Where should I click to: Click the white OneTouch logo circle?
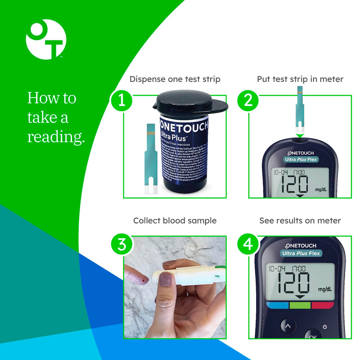[x=46, y=40]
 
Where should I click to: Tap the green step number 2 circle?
[x=247, y=100]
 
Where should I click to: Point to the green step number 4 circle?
[x=247, y=244]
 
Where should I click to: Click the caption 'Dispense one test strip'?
[x=175, y=79]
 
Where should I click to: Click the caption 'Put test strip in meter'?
[x=300, y=79]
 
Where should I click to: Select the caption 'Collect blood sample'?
[x=175, y=220]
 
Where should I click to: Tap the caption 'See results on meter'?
[x=300, y=220]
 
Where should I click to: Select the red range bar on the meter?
[x=323, y=305]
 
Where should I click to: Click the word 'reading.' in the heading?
[x=56, y=137]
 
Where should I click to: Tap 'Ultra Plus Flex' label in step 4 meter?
[x=301, y=253]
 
